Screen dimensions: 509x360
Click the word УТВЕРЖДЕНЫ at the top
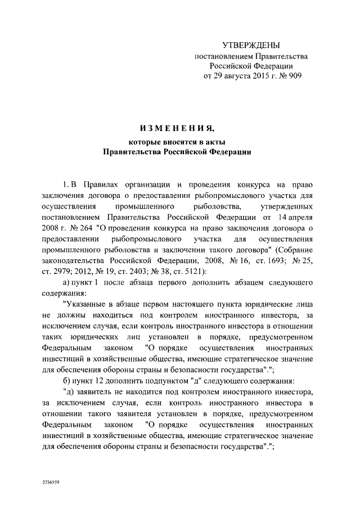click(x=251, y=45)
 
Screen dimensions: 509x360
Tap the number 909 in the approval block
click(x=294, y=77)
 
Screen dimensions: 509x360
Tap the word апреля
click(x=304, y=217)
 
